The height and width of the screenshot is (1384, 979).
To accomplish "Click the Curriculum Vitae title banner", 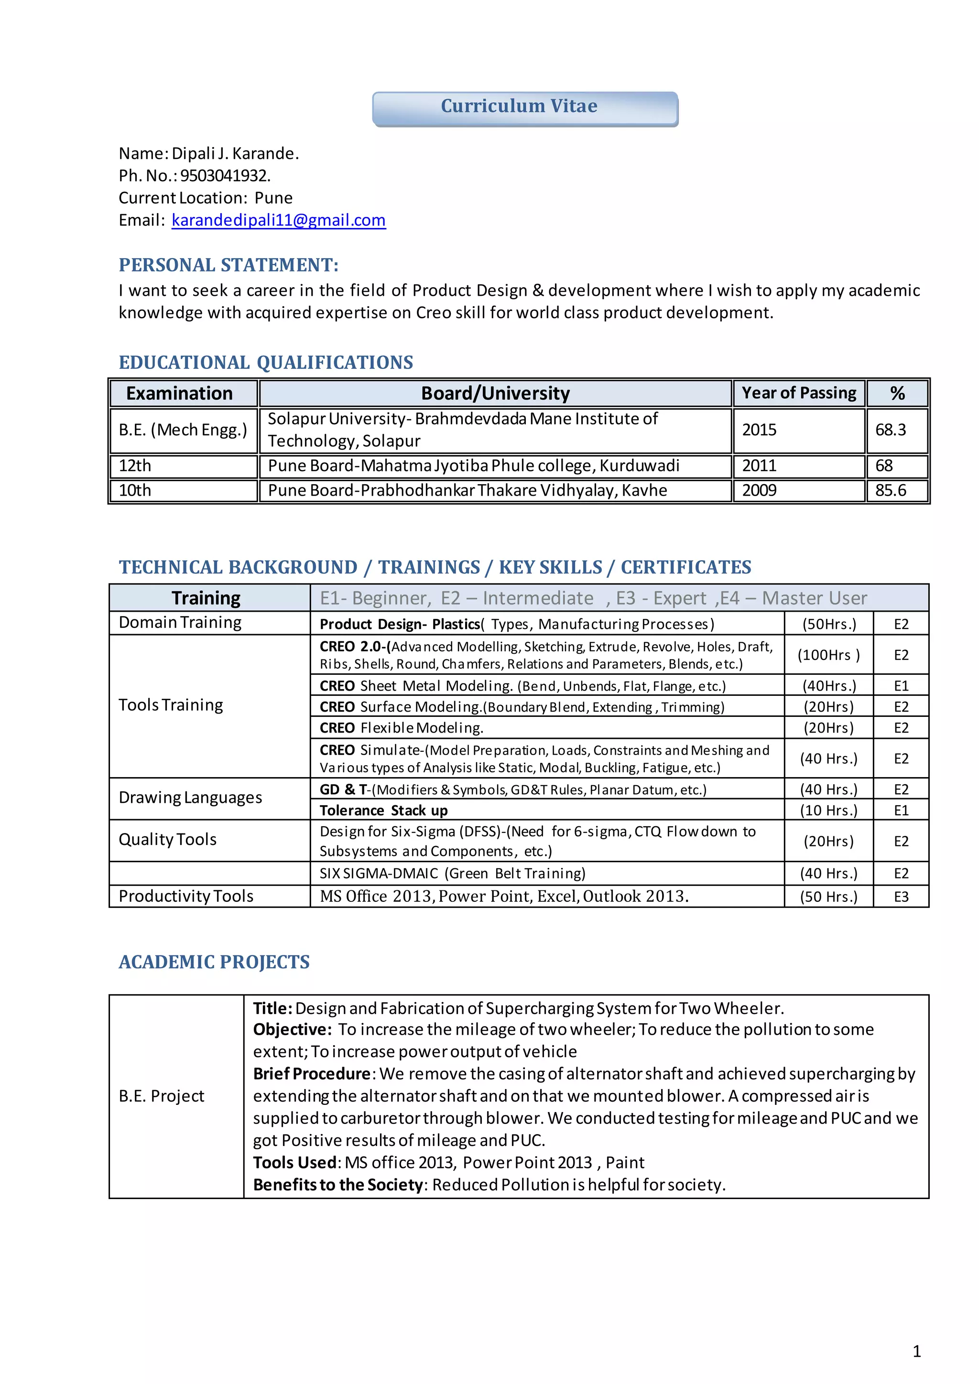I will coord(524,108).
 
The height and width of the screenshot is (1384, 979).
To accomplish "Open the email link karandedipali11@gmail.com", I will coord(279,221).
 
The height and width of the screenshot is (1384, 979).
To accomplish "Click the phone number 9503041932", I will coord(225,176).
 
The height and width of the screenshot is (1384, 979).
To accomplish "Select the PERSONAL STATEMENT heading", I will coord(228,265).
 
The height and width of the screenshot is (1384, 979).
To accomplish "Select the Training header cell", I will coord(206,598).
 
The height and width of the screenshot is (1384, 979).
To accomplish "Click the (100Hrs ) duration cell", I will coord(828,655).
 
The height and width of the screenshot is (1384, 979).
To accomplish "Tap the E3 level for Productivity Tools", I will coord(901,897).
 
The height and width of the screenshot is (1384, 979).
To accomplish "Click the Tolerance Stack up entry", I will coord(383,811).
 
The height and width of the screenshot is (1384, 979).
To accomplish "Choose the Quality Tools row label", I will coord(168,840).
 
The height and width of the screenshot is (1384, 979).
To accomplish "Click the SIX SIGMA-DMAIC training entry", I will coord(452,874).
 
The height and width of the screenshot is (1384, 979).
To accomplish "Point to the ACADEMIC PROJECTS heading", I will coord(214,962).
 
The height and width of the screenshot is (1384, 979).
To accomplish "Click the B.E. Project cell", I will coord(162,1096).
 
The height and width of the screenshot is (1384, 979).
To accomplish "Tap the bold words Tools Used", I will coord(295,1163).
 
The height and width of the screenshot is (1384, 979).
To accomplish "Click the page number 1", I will coord(916,1352).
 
